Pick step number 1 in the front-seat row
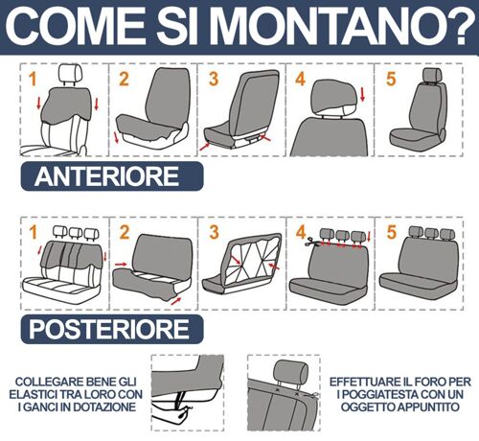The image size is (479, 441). click(33, 80)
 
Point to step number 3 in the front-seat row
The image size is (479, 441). click(214, 79)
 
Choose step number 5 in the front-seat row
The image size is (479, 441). click(391, 79)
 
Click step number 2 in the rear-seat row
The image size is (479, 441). click(125, 232)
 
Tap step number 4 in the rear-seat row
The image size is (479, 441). click(301, 232)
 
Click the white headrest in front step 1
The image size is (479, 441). click(71, 74)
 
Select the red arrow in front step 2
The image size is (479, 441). click(116, 137)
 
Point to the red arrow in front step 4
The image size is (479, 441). click(362, 95)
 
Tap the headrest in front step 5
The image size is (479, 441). click(432, 76)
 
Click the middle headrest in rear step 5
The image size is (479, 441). click(432, 234)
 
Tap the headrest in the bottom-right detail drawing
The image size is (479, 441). click(291, 371)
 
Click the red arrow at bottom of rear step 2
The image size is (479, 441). click(176, 301)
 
